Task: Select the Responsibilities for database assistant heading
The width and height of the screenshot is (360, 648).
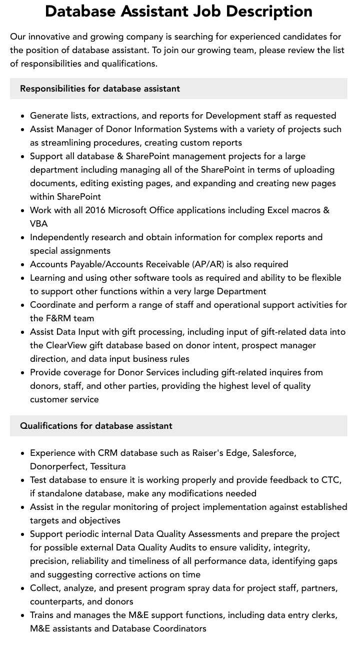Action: (100, 89)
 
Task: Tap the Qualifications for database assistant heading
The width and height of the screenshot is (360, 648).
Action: (96, 426)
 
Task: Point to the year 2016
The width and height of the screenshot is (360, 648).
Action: (95, 210)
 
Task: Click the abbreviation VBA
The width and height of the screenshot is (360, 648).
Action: (39, 224)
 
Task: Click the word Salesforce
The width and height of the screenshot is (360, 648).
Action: (273, 453)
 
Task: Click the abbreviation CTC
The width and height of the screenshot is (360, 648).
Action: (329, 480)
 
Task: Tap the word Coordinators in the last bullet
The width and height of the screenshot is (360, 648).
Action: (179, 628)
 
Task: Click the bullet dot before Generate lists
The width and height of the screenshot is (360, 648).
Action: (23, 116)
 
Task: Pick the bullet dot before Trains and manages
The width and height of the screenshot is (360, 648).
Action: (23, 615)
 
